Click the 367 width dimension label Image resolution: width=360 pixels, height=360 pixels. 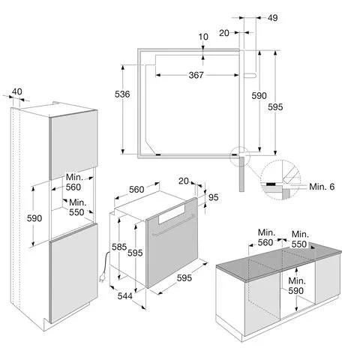[196, 75]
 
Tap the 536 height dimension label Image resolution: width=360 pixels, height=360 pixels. [122, 94]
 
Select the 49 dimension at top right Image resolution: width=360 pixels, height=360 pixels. [272, 18]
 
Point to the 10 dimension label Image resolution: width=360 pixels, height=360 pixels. [203, 37]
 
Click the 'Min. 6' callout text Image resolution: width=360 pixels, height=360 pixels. [322, 187]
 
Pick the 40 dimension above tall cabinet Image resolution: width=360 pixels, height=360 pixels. [17, 91]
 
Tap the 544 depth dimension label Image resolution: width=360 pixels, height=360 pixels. [124, 296]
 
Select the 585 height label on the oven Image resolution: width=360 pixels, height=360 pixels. [119, 247]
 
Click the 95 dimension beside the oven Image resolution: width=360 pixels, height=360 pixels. [213, 197]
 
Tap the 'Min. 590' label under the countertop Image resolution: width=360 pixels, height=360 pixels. [296, 286]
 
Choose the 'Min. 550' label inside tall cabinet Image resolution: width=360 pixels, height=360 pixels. [77, 207]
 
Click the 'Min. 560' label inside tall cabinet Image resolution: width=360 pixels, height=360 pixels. [73, 182]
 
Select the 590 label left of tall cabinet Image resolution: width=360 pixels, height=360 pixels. [34, 218]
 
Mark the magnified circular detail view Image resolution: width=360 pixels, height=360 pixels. [280, 180]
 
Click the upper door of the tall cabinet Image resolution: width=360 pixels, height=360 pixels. [74, 145]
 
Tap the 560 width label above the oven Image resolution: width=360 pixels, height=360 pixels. [136, 190]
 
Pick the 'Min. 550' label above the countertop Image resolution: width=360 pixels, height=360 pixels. [299, 239]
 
